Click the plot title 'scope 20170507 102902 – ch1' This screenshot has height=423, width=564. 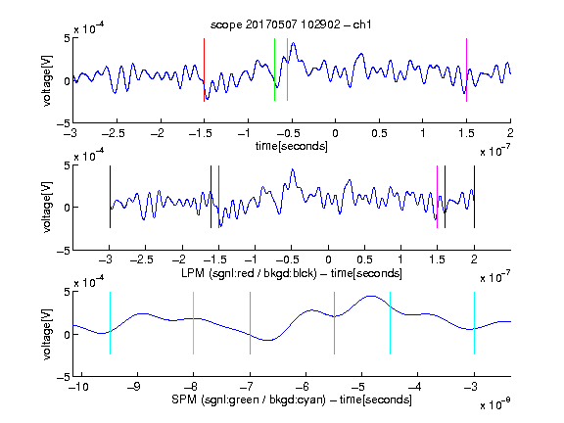291,24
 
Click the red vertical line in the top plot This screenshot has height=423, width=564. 204,70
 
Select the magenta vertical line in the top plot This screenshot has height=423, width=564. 466,70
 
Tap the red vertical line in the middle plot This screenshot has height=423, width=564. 218,197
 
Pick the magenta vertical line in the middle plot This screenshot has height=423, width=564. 437,197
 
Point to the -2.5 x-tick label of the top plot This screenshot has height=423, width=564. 114,133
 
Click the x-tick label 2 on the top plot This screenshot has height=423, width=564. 510,133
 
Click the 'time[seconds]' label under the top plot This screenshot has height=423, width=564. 292,146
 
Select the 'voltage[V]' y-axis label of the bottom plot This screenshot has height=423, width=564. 47,334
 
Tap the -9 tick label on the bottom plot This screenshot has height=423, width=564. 134,387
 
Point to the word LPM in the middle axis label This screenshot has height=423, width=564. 193,273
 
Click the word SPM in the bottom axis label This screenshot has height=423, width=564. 184,399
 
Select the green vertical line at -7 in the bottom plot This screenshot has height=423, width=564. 250,323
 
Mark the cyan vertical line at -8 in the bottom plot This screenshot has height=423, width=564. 194,323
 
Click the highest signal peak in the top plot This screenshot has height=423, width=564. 294,43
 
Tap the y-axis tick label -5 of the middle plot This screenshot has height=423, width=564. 63,251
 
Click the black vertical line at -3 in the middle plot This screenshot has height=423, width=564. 110,197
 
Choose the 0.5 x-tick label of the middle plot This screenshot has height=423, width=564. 364,259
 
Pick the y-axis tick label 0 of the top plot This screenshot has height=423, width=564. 67,81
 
